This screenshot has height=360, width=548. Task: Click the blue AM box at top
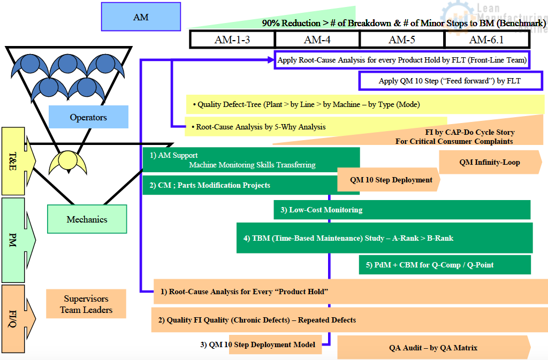(141, 17)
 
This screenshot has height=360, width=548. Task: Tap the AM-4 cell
(317, 40)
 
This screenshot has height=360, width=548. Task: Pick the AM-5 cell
(402, 40)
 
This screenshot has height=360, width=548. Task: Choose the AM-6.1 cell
(486, 40)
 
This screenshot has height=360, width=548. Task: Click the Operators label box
(88, 117)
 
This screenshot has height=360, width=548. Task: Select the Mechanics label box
(87, 219)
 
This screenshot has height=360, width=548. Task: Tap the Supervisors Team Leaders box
(86, 304)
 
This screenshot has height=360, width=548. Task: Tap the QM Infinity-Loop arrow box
(489, 162)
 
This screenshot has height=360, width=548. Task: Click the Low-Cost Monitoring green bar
(401, 210)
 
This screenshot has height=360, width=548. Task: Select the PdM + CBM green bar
(444, 265)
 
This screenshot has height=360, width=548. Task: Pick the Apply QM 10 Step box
(450, 81)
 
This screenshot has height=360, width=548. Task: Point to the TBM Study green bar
(384, 238)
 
